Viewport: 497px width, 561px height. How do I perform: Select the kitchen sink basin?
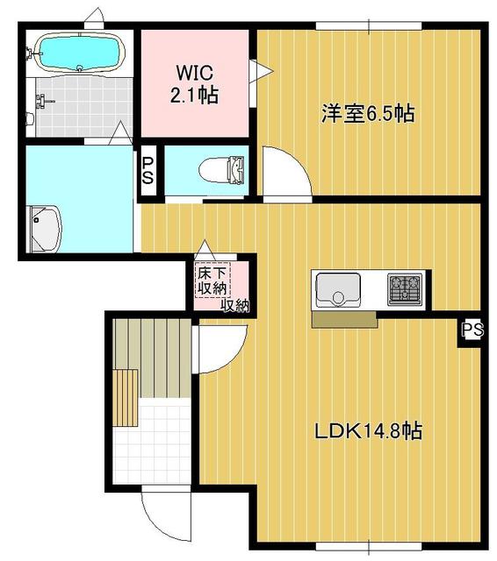(337, 288)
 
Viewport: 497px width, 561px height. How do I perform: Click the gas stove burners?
(406, 288)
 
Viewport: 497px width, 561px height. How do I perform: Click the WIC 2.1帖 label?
(197, 82)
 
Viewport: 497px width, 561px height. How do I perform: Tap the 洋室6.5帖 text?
(367, 113)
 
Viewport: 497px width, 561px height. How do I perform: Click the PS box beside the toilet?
(148, 170)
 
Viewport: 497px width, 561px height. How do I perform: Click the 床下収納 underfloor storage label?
(211, 280)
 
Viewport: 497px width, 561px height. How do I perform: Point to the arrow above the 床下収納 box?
(205, 249)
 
